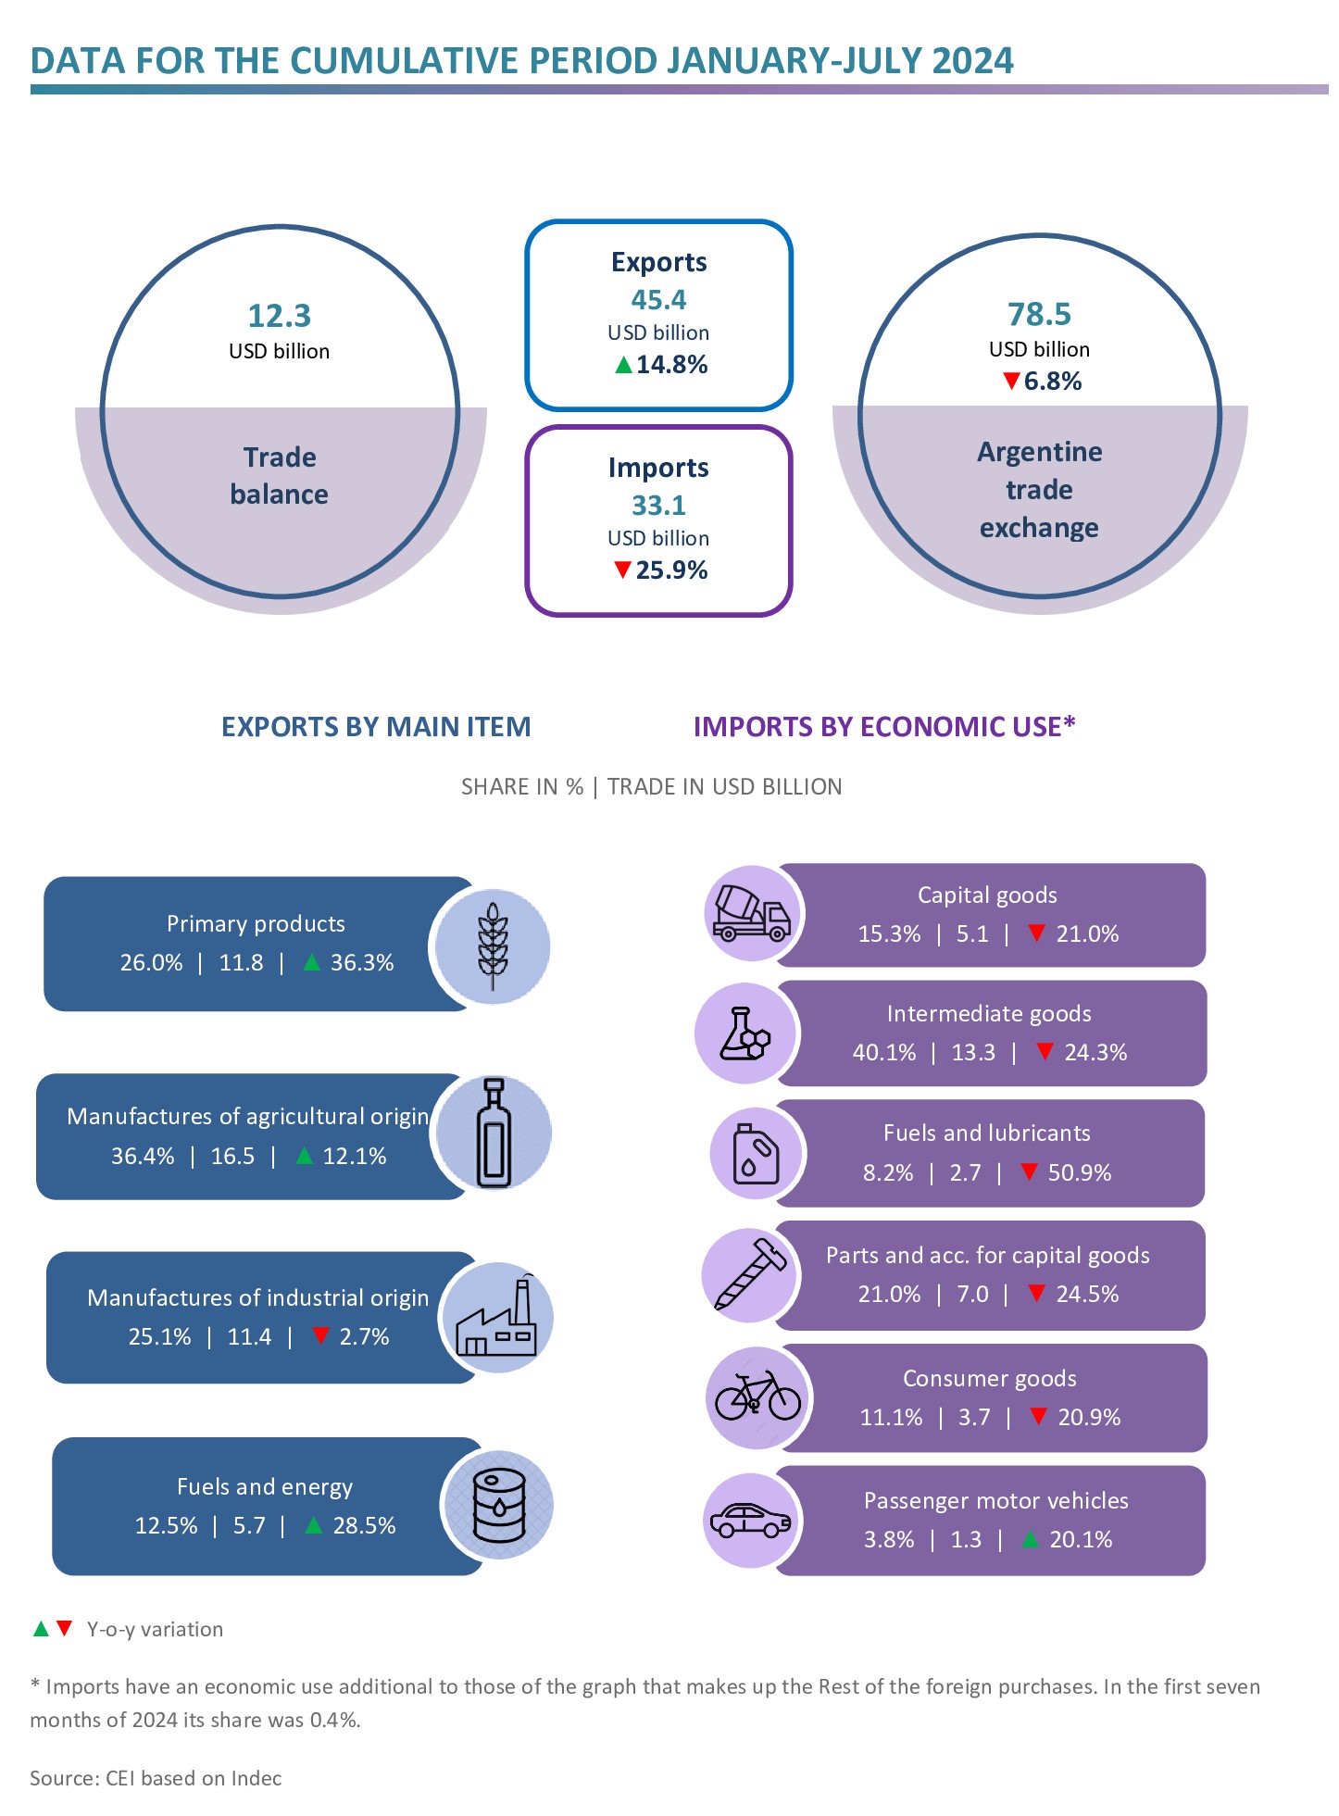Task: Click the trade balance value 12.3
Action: [x=279, y=316]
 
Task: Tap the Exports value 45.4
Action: [x=658, y=300]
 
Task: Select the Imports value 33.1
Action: [x=658, y=506]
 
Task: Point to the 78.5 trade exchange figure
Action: [x=1039, y=315]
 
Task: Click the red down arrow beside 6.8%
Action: [x=1011, y=381]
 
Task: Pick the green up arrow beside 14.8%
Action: [x=623, y=365]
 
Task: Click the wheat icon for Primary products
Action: [x=493, y=946]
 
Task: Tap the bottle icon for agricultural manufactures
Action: [x=494, y=1132]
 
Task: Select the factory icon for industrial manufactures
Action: [x=497, y=1318]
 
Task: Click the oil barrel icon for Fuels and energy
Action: [x=499, y=1505]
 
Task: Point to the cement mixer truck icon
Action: [x=751, y=914]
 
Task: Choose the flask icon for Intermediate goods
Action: [x=745, y=1033]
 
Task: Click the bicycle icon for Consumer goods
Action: [x=757, y=1397]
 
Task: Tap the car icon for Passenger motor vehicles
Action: [x=750, y=1521]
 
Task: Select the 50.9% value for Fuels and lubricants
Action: [x=1079, y=1173]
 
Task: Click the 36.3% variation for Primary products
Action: [x=362, y=963]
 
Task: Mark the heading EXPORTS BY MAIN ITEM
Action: [x=376, y=727]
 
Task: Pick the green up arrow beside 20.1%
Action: [x=1030, y=1539]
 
